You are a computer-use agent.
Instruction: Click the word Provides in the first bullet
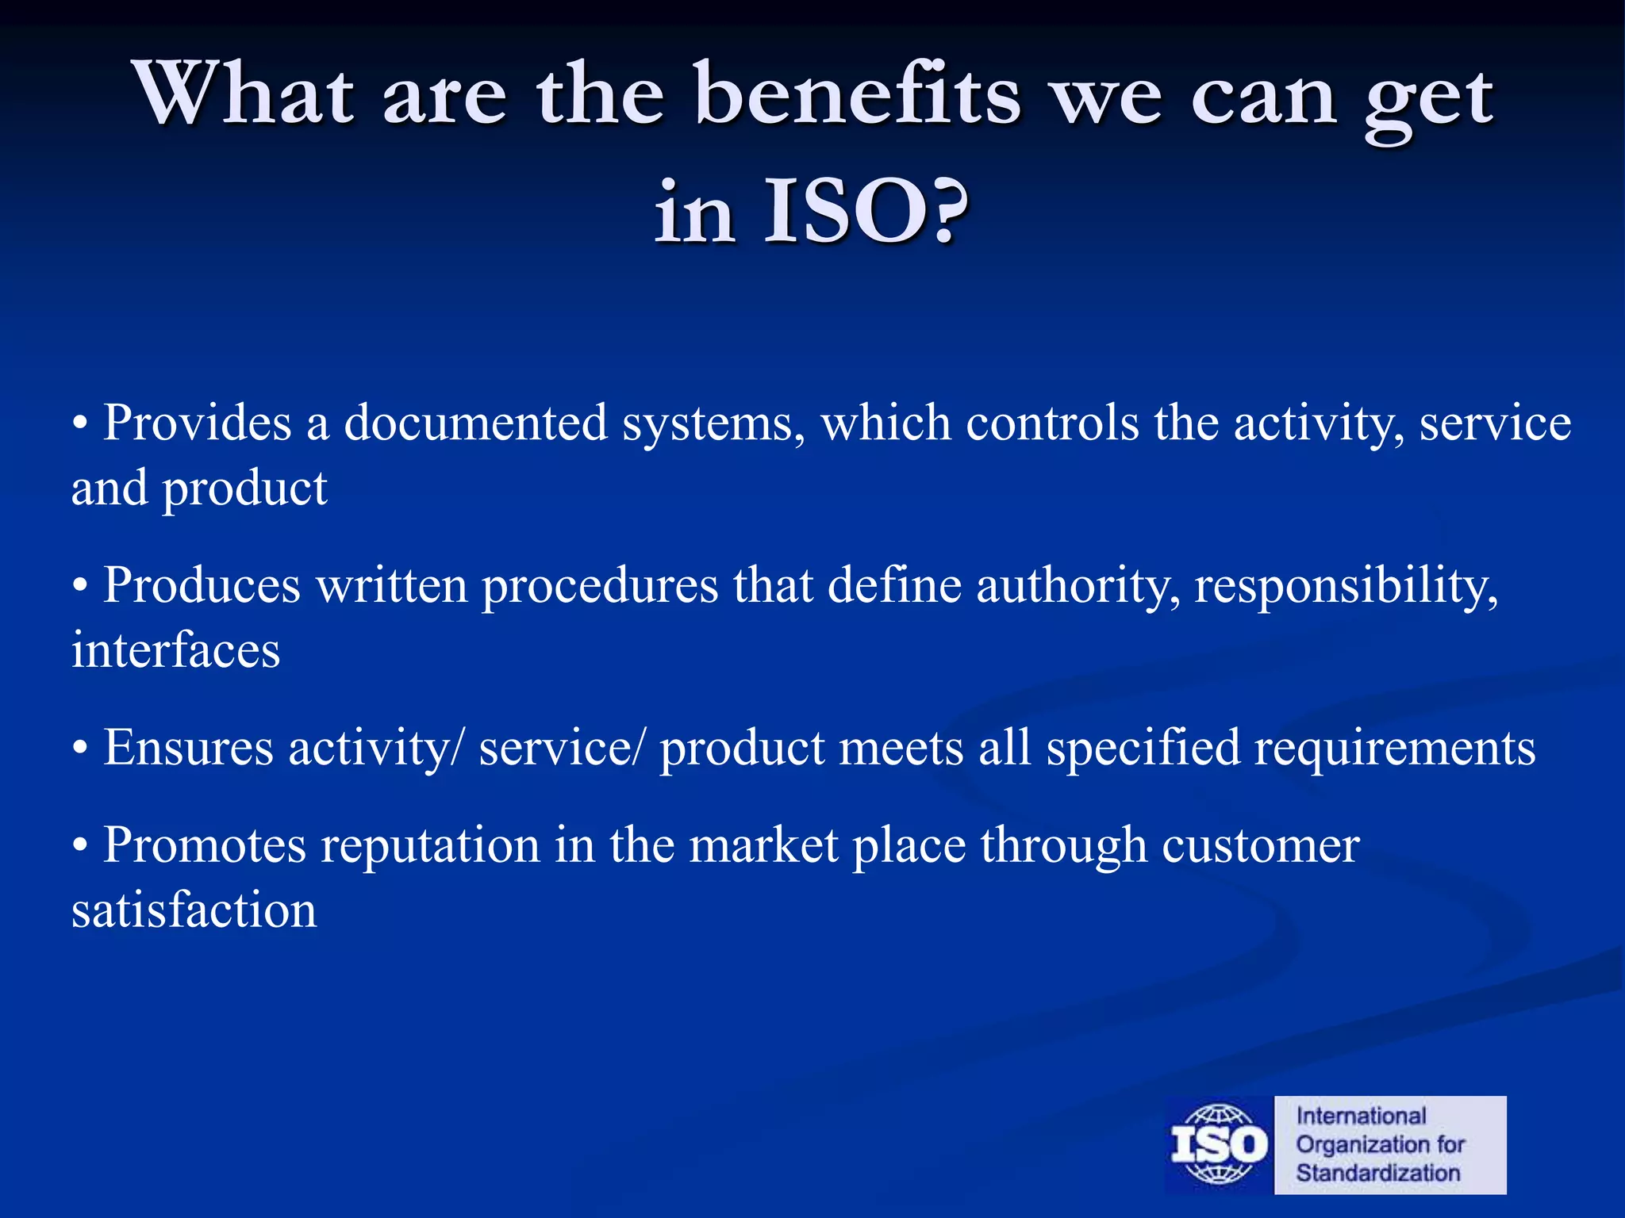click(198, 423)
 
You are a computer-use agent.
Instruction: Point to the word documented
click(475, 423)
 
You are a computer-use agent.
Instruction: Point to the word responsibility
click(1346, 587)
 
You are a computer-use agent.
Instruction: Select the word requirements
click(1394, 749)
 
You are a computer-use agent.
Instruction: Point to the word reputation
click(430, 847)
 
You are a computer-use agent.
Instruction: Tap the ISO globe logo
click(1219, 1144)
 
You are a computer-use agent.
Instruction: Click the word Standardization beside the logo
click(1377, 1173)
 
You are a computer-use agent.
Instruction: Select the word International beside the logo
click(1361, 1116)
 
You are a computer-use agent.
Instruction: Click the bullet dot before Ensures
click(79, 750)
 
